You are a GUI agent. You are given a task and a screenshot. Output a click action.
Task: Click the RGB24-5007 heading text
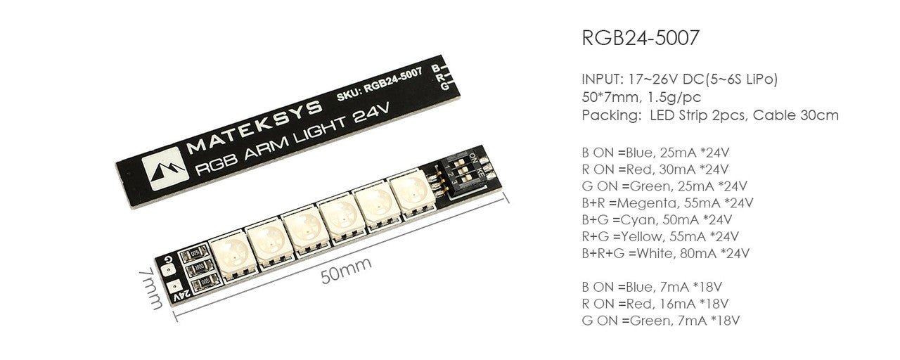point(641,38)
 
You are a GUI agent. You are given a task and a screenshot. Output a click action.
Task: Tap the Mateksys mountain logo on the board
point(165,168)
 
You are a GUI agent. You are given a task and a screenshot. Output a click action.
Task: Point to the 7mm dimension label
point(151,288)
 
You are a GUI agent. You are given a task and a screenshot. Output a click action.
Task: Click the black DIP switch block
point(463,176)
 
